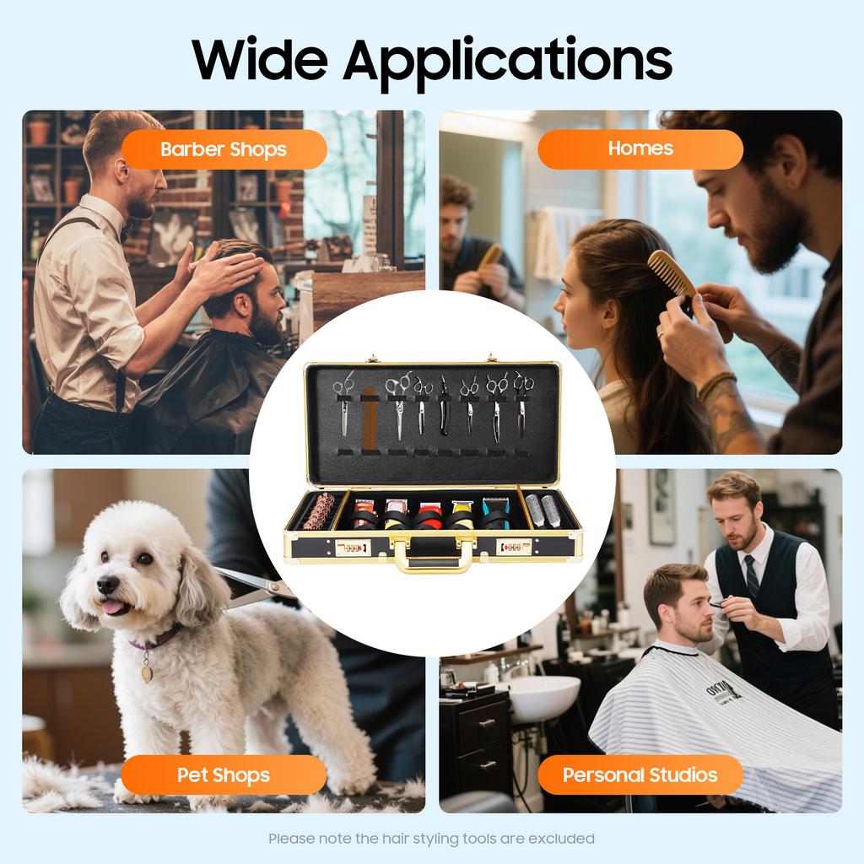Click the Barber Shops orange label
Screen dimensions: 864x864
[224, 150]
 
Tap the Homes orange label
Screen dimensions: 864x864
[640, 149]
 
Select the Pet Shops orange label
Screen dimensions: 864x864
[224, 775]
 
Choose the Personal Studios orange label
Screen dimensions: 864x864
[640, 775]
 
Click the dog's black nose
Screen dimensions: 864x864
[107, 585]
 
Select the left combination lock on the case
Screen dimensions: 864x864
[353, 547]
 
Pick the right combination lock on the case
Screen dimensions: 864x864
[513, 547]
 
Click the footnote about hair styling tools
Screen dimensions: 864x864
[431, 839]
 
